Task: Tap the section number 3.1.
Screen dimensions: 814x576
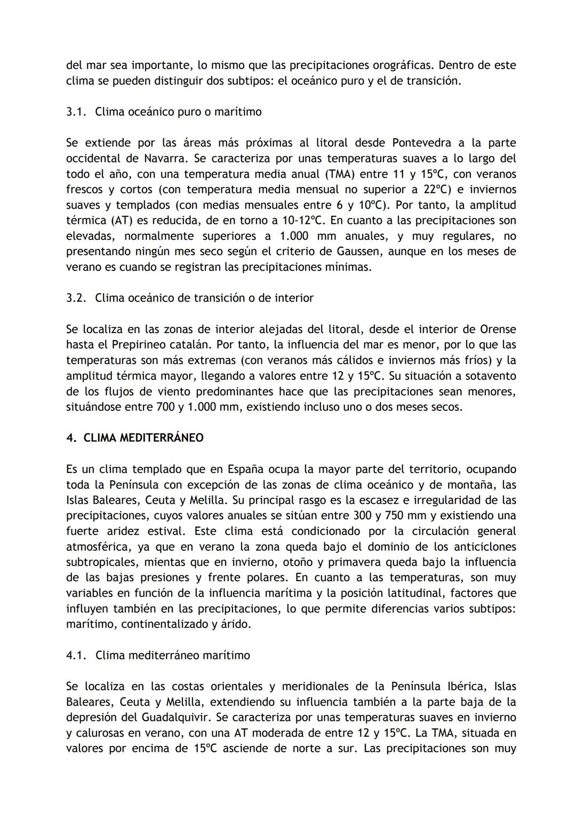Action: click(x=76, y=112)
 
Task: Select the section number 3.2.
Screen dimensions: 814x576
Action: click(x=76, y=298)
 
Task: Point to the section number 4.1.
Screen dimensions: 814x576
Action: click(x=76, y=655)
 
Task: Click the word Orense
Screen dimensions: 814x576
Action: click(x=498, y=329)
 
